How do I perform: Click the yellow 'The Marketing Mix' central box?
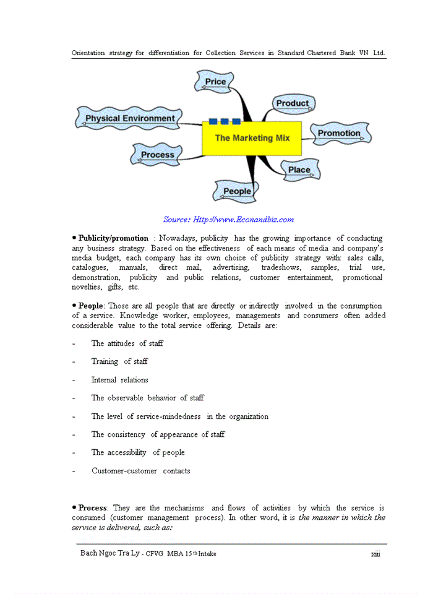click(x=252, y=138)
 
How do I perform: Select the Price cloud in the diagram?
click(x=215, y=82)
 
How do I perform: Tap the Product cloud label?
click(x=292, y=103)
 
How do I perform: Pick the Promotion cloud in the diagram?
click(x=339, y=133)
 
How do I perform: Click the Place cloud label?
click(x=299, y=170)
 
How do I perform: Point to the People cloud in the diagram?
click(x=236, y=191)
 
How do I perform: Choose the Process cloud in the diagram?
click(x=157, y=155)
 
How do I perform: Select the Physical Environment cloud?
click(x=130, y=118)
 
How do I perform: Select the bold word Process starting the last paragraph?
click(x=92, y=508)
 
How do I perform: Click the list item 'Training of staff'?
click(x=119, y=361)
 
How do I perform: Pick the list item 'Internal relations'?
click(x=119, y=380)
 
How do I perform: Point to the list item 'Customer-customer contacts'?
click(x=140, y=471)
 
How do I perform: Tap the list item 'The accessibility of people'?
click(x=138, y=452)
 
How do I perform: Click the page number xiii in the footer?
click(x=375, y=554)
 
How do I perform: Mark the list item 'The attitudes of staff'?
click(x=127, y=343)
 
